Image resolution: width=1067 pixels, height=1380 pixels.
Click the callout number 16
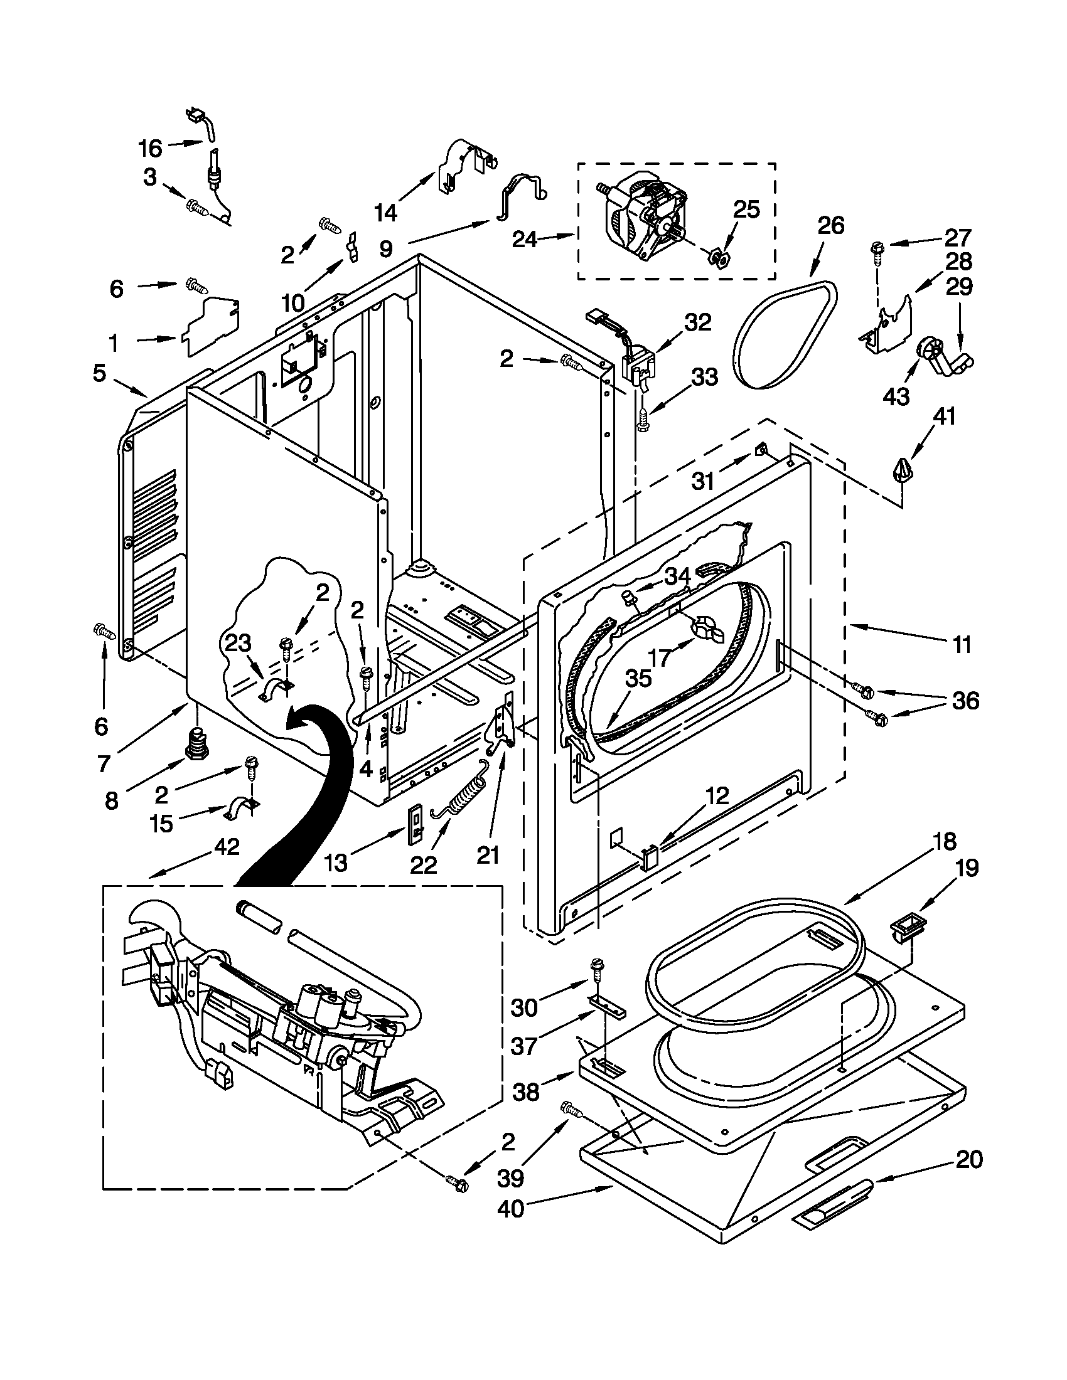[151, 149]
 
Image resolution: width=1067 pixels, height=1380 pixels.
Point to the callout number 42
[227, 847]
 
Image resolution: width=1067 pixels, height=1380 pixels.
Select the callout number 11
[962, 645]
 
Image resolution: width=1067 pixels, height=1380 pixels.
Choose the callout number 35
[638, 679]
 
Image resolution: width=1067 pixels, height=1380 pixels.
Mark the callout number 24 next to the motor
[525, 240]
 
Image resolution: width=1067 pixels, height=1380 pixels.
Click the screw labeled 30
[596, 969]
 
